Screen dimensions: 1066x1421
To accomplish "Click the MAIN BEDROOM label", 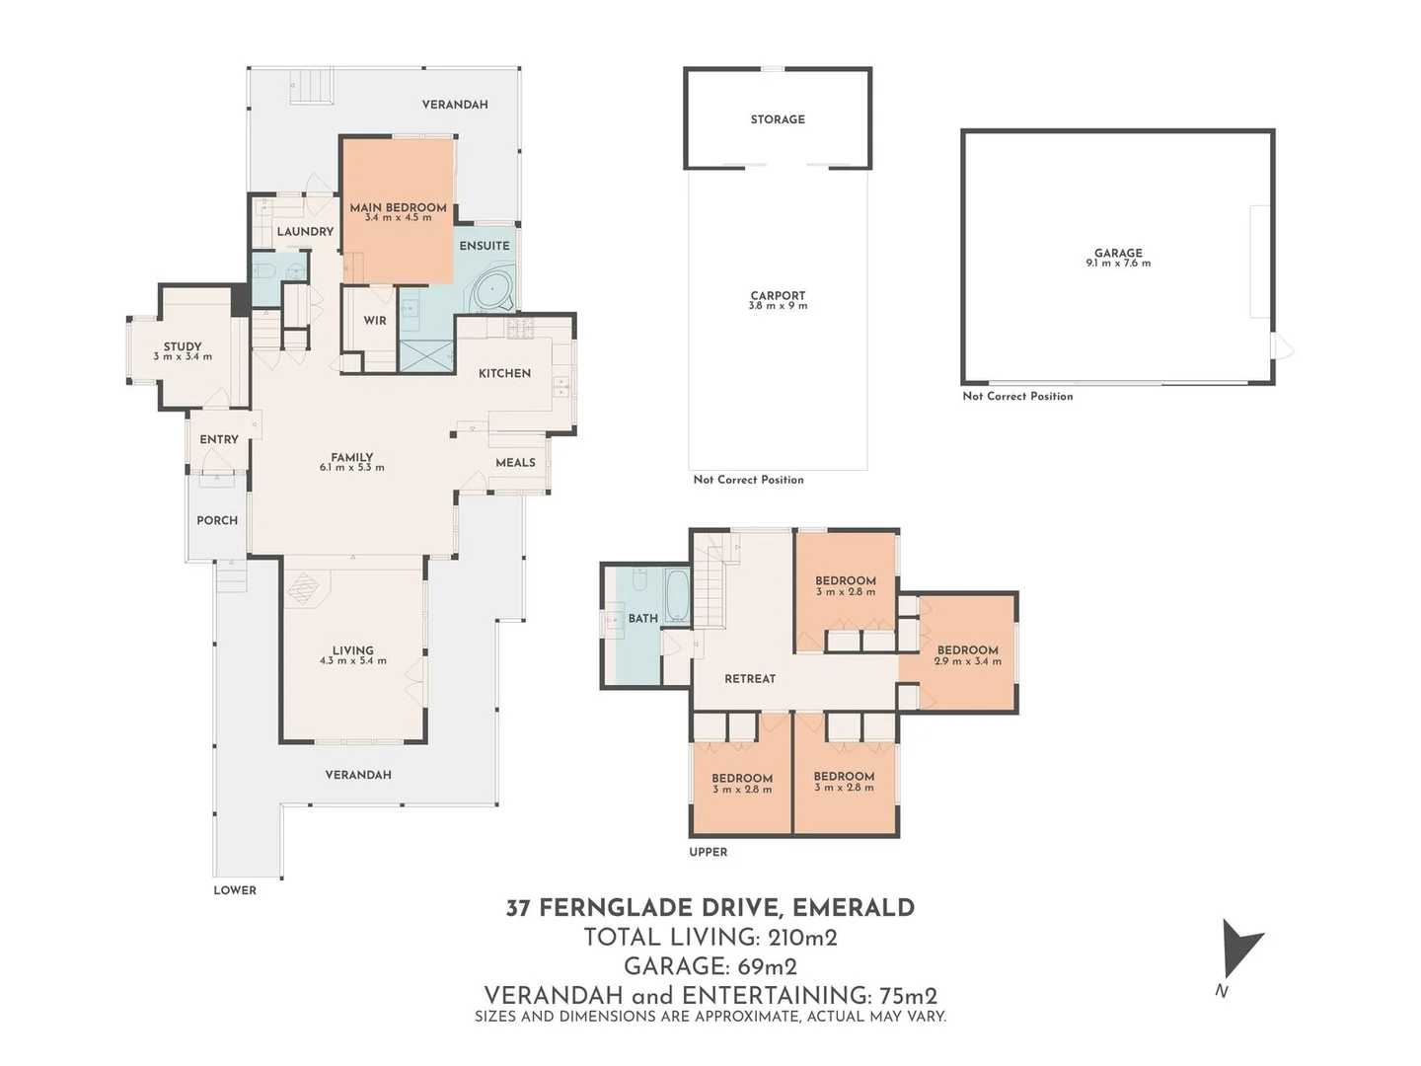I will pyautogui.click(x=398, y=207).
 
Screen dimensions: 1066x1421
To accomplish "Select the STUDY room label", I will pyautogui.click(x=183, y=346).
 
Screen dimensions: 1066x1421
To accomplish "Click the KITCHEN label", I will pyautogui.click(x=504, y=373).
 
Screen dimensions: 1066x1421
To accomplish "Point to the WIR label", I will pyautogui.click(x=375, y=321).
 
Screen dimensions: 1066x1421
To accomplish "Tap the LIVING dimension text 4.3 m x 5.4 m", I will pyautogui.click(x=352, y=661).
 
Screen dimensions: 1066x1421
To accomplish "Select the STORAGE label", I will pyautogui.click(x=778, y=119).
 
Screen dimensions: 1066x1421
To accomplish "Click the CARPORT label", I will pyautogui.click(x=778, y=295).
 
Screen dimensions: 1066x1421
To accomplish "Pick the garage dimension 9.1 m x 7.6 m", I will pyautogui.click(x=1118, y=264).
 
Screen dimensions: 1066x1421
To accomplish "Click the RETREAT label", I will pyautogui.click(x=750, y=679).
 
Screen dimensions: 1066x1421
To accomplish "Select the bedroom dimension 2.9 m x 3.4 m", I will pyautogui.click(x=967, y=661).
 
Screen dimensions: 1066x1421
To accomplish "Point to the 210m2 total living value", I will pyautogui.click(x=802, y=938).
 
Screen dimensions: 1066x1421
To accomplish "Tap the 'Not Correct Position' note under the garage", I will pyautogui.click(x=1017, y=396).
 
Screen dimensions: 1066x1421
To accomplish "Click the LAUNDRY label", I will pyautogui.click(x=305, y=232).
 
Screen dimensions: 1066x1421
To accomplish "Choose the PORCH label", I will pyautogui.click(x=217, y=520).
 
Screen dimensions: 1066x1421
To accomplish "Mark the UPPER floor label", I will pyautogui.click(x=708, y=852).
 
